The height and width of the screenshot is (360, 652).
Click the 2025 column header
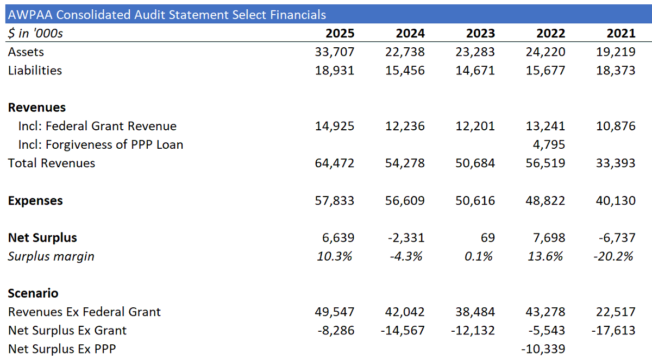point(340,34)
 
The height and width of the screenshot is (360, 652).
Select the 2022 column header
point(551,34)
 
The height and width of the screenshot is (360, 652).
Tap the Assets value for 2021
point(616,52)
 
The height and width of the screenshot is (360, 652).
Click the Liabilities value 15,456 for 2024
point(405,71)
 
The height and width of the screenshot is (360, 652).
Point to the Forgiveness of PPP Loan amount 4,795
point(549,145)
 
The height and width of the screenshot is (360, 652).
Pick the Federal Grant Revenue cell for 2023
point(475,126)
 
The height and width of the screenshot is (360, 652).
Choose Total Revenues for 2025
point(335,163)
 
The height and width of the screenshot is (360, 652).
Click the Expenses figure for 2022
point(545,201)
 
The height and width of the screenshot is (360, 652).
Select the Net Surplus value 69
point(487,238)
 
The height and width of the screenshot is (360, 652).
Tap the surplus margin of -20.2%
point(613,256)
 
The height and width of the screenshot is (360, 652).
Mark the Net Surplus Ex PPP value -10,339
point(543,349)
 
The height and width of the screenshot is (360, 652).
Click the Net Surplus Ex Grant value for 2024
point(403,331)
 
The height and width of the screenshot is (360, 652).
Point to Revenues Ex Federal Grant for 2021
point(616,312)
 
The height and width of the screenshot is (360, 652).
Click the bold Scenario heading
point(33,293)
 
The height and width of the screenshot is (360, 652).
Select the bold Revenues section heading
point(37,108)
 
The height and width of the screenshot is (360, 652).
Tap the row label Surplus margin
point(51,256)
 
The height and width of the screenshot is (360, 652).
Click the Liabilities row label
point(35,71)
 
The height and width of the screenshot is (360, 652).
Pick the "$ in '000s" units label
point(35,34)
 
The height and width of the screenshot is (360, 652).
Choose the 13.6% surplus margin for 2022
point(545,256)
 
